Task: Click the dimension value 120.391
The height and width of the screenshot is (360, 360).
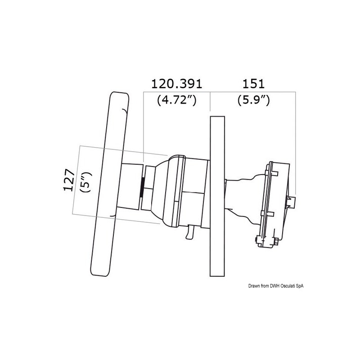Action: pyautogui.click(x=176, y=84)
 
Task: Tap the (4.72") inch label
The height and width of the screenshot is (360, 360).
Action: pyautogui.click(x=176, y=100)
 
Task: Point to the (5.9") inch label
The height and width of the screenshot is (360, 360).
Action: pyautogui.click(x=253, y=100)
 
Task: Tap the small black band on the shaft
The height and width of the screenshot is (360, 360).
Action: pyautogui.click(x=142, y=185)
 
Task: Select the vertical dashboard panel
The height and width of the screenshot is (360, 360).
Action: pyautogui.click(x=216, y=195)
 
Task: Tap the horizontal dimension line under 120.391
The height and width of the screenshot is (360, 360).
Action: pyautogui.click(x=176, y=92)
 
